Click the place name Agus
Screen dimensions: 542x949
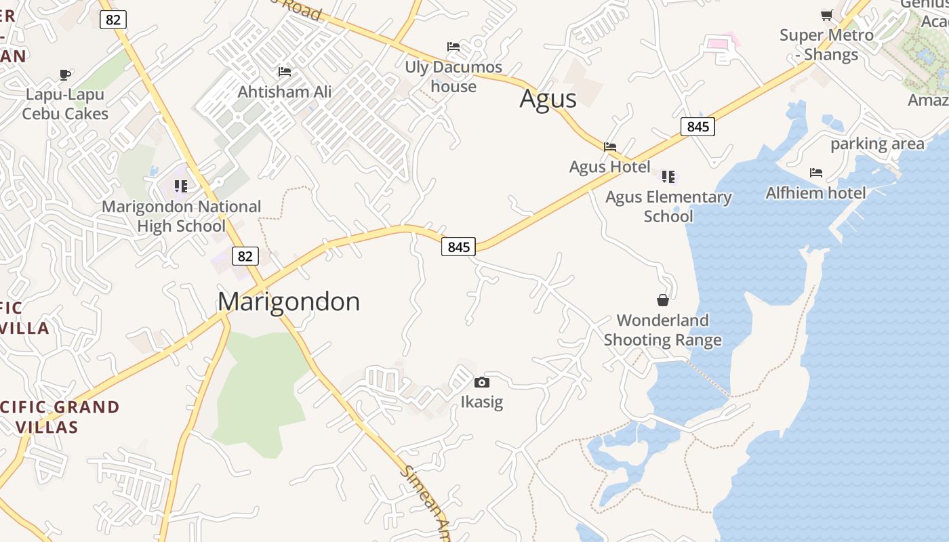coord(548,99)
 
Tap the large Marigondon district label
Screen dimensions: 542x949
coord(289,301)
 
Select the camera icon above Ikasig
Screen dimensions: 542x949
coord(481,383)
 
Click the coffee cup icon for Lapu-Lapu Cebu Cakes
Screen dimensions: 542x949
coord(65,75)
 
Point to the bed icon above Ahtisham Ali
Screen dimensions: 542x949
coord(285,72)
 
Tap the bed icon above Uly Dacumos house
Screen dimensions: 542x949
coord(453,47)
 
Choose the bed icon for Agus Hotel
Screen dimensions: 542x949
coord(610,146)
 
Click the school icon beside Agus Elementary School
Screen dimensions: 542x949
coord(668,177)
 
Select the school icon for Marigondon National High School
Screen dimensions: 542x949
coord(180,186)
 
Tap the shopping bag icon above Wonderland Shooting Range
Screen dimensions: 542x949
coord(663,300)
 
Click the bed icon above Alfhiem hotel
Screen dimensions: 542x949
coord(816,173)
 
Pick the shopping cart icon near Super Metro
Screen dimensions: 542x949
coord(826,15)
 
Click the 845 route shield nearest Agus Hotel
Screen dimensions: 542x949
coord(698,126)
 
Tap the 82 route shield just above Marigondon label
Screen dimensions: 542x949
coord(245,255)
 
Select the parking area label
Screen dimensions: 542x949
coord(877,144)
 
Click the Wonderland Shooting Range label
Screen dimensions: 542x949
coord(663,330)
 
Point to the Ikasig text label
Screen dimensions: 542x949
coord(482,402)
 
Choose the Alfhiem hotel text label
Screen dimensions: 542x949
coord(816,193)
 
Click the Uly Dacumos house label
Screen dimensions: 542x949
coord(453,77)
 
